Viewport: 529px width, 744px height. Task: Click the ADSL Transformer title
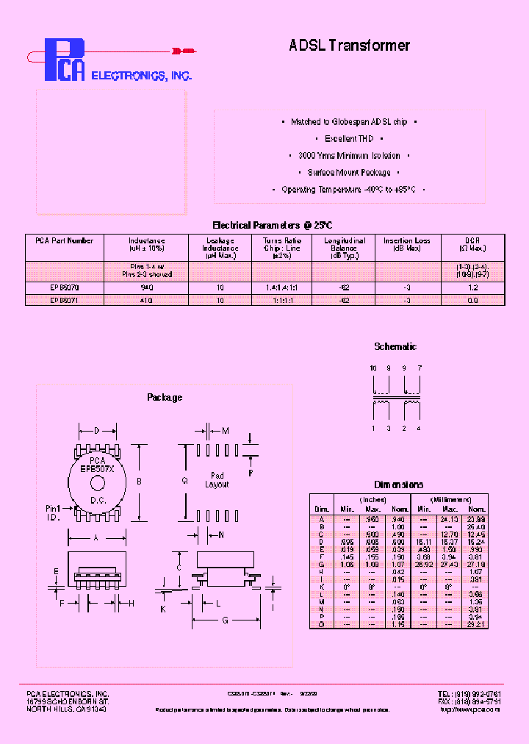pos(349,46)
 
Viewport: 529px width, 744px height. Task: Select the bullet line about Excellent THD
pos(350,139)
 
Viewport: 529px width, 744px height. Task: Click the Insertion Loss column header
pos(406,245)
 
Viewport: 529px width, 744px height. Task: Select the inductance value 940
pos(147,289)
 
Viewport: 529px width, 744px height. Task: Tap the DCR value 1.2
pos(473,289)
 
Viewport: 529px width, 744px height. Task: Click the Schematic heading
pos(395,346)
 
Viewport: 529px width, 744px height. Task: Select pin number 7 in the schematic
pos(419,367)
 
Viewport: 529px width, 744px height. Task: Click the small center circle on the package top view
pos(96,482)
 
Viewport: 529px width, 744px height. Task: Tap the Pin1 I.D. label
pos(53,512)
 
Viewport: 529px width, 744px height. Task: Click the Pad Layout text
pos(217,480)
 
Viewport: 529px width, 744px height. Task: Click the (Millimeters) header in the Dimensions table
pos(451,499)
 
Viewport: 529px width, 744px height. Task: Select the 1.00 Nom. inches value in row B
pos(399,526)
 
